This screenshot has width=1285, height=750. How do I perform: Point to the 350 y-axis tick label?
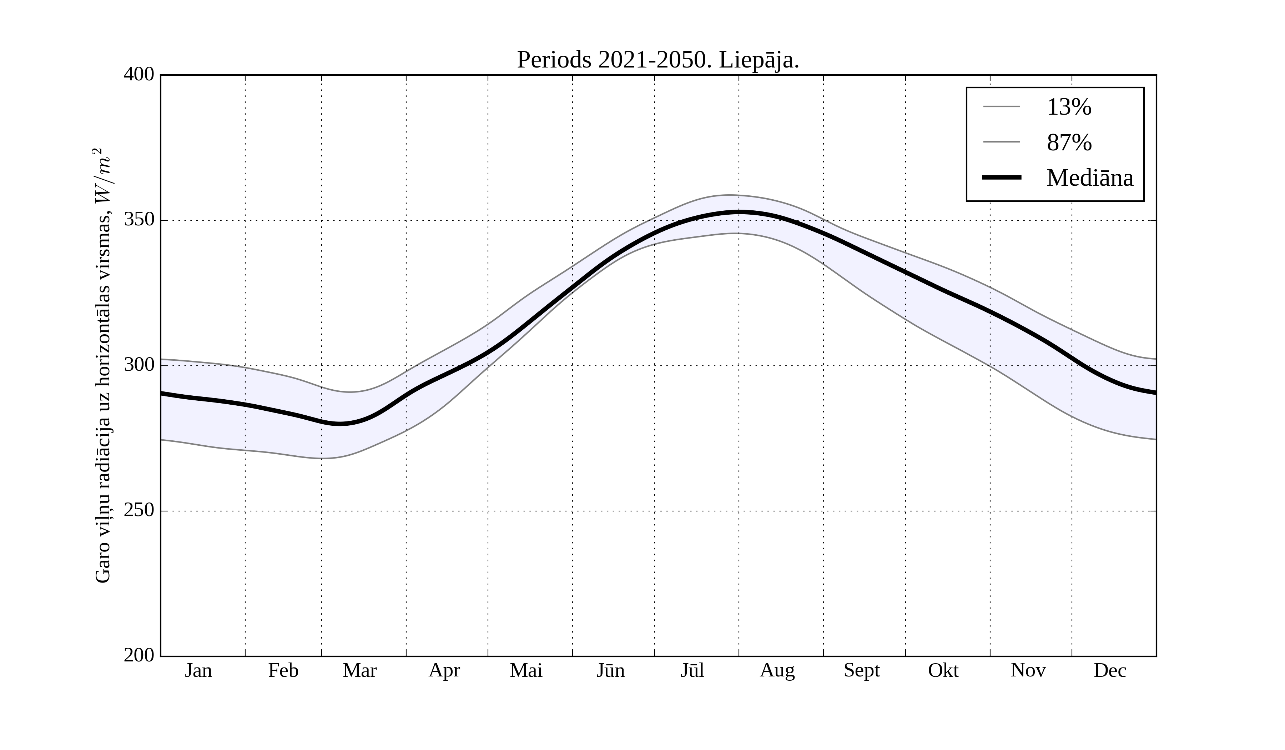click(x=139, y=220)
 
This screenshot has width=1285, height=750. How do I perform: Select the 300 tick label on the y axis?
click(x=139, y=365)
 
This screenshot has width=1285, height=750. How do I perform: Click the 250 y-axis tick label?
click(x=139, y=510)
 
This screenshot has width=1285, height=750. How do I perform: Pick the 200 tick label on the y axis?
click(x=139, y=656)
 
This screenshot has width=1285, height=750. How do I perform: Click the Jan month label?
click(x=198, y=670)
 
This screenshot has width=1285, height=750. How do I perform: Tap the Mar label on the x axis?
click(x=359, y=670)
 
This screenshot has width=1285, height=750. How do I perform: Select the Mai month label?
click(x=526, y=670)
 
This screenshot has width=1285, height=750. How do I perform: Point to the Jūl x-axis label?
click(x=692, y=670)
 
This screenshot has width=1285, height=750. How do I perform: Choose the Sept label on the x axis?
click(x=862, y=670)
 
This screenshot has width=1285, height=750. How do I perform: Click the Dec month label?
click(x=1110, y=670)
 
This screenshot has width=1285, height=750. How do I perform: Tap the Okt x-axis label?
click(x=943, y=670)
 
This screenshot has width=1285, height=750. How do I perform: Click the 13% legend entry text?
click(x=1069, y=107)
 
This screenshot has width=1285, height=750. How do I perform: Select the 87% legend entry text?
click(x=1069, y=142)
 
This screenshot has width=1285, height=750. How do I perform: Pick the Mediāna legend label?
click(x=1090, y=178)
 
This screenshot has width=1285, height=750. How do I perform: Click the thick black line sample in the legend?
click(x=1002, y=177)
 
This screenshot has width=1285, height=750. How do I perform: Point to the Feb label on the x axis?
click(x=283, y=670)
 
